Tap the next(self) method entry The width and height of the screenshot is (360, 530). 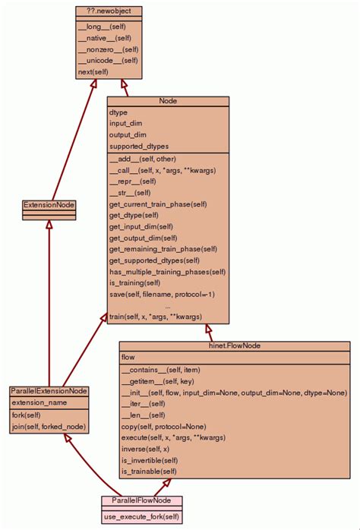coord(93,72)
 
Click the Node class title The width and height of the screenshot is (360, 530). coord(168,101)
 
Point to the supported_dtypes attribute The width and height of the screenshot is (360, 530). coord(139,146)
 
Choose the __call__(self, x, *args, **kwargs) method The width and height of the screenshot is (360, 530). coord(163,170)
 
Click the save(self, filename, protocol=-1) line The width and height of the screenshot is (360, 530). coord(162,294)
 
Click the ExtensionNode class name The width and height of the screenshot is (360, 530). coord(49,205)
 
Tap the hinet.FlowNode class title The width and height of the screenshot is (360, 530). coord(234,345)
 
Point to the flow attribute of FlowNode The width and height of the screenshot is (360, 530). coord(128,357)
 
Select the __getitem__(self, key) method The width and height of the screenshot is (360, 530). coord(158,381)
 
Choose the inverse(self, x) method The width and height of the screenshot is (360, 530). coord(145,449)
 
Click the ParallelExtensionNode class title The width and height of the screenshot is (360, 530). coord(49,390)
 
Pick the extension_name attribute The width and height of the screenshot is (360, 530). coord(40,402)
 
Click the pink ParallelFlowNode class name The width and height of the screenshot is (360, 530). coord(141,501)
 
